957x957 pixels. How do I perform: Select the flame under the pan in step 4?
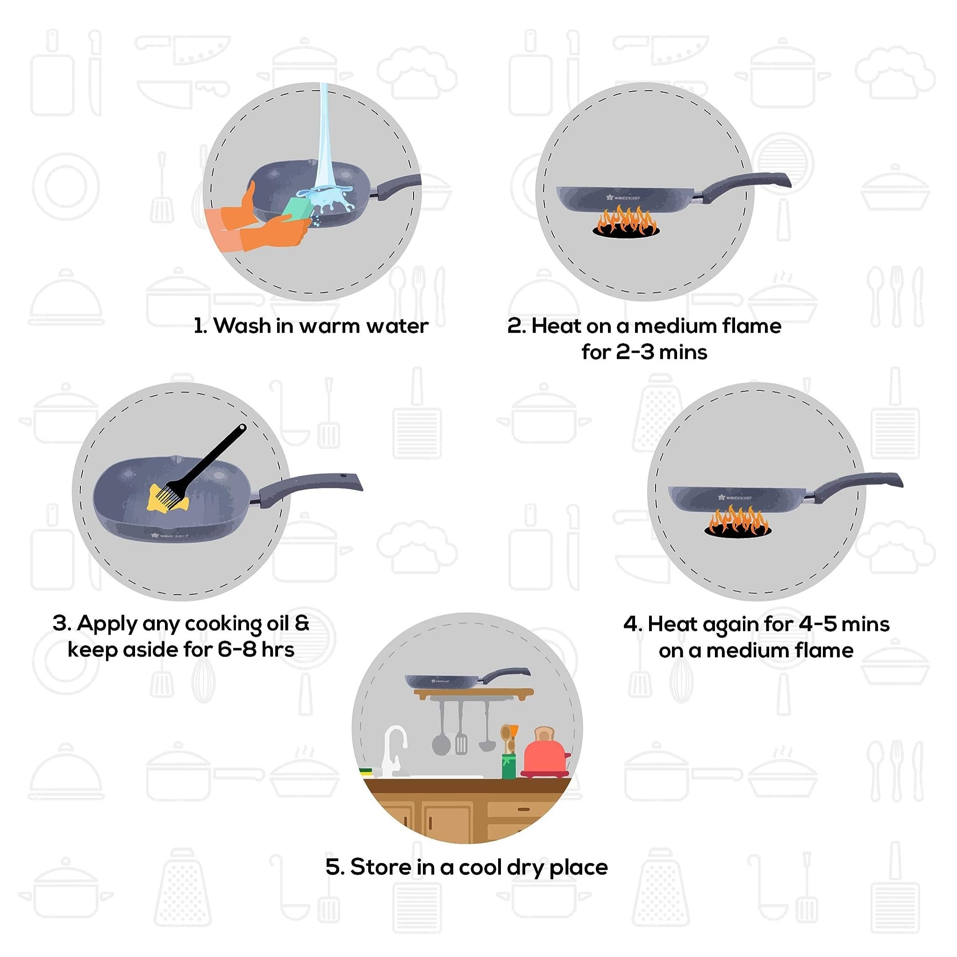pos(737,521)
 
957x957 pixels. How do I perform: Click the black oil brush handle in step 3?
pos(218,456)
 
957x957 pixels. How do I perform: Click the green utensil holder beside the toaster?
pos(509,765)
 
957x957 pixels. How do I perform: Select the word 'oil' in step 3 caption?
pos(278,624)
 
